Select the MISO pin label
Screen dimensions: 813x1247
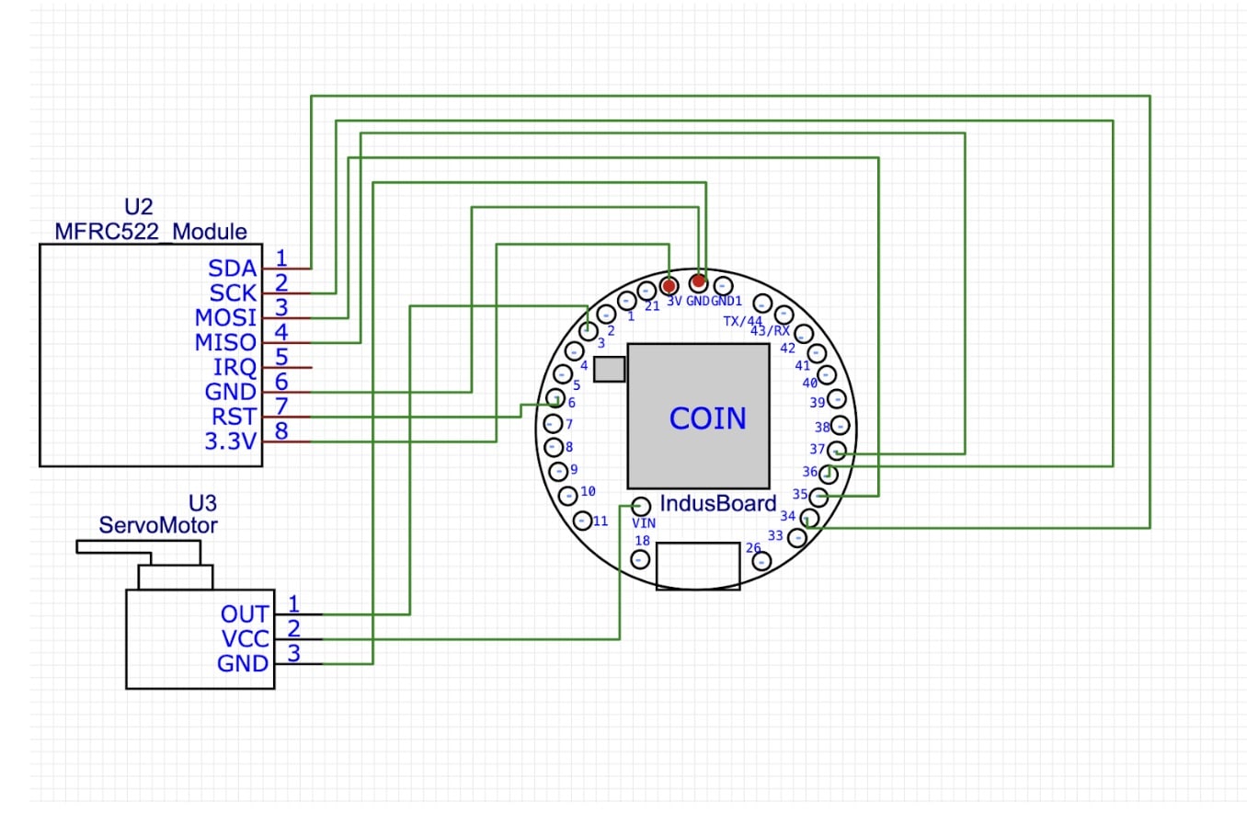(225, 342)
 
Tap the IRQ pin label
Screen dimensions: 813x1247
(235, 367)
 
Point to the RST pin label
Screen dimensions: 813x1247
(234, 417)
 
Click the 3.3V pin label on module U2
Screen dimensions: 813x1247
(230, 441)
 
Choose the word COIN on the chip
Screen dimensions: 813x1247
(707, 418)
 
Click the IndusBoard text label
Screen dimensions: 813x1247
(718, 504)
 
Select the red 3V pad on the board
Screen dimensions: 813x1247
(669, 284)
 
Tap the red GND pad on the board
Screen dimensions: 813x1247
(699, 281)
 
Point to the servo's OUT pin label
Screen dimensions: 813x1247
(245, 613)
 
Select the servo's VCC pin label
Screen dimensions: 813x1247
(244, 638)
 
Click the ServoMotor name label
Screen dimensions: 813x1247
(158, 526)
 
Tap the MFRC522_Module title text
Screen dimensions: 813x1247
(151, 230)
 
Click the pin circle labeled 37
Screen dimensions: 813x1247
(837, 451)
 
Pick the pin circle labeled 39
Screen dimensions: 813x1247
(837, 400)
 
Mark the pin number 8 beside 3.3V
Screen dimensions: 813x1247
(281, 429)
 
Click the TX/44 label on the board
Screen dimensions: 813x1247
(743, 321)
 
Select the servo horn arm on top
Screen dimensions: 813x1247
(138, 548)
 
